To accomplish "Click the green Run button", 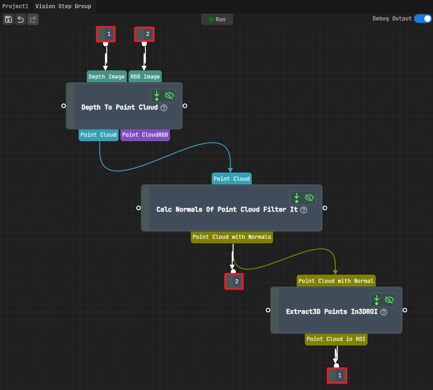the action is [217, 20].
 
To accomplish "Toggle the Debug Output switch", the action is [423, 19].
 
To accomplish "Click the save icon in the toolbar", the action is [8, 20].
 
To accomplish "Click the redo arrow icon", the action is [33, 20].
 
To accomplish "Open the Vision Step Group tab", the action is [63, 6].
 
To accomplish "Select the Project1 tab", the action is [15, 6].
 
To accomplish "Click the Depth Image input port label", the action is [107, 76].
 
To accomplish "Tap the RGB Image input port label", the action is [145, 76].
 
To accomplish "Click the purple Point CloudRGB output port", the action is [145, 135].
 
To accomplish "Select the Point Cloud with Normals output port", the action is [232, 237].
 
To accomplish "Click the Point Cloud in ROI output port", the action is [336, 339].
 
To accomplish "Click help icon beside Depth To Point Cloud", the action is [164, 108].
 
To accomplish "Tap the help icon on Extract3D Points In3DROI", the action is [383, 312].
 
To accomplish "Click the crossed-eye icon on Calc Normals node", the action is [309, 197].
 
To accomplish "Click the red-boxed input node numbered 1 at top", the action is [106, 34].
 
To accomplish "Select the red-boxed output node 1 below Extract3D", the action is [337, 375].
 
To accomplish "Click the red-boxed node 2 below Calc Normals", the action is [234, 281].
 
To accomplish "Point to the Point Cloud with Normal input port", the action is [336, 281].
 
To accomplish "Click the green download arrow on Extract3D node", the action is [376, 300].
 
